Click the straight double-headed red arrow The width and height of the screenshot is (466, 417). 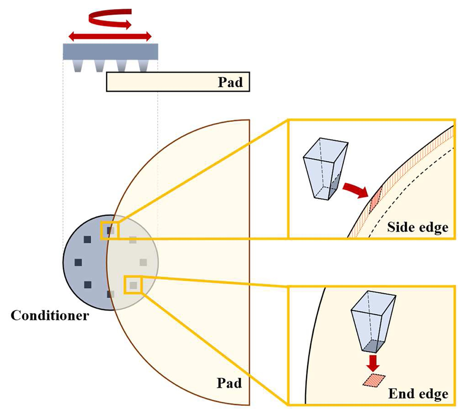coord(110,36)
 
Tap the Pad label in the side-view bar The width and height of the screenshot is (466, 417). coord(230,82)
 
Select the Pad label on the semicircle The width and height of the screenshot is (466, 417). coord(229,383)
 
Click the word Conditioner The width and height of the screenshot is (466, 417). coord(50,316)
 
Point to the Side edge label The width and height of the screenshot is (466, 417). coord(418,227)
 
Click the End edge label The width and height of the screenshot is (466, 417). coord(418,394)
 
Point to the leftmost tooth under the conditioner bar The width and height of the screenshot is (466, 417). coord(78,66)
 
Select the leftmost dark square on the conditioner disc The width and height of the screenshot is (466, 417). coord(78,262)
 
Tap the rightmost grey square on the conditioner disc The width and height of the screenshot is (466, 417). coord(143,262)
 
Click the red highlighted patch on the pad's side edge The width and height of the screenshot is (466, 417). coord(375,200)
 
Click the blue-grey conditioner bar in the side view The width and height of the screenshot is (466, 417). coord(110,52)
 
